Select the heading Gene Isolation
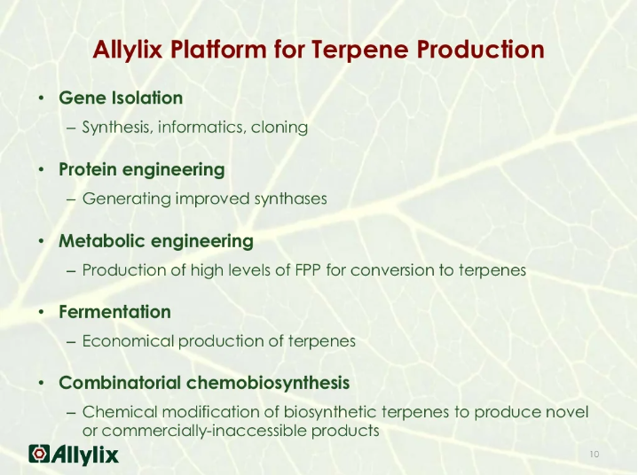pos(121,98)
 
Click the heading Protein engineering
pos(141,169)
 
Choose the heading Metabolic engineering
pos(155,241)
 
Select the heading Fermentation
pos(114,312)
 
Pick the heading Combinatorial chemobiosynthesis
pos(203,384)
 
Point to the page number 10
pos(594,455)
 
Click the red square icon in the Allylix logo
pos(39,454)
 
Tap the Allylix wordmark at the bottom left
pos(85,454)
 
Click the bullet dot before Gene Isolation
pos(41,98)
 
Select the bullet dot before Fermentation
pos(41,313)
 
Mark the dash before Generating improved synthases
pos(71,199)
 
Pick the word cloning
pos(280,128)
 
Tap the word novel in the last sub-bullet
pos(570,412)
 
